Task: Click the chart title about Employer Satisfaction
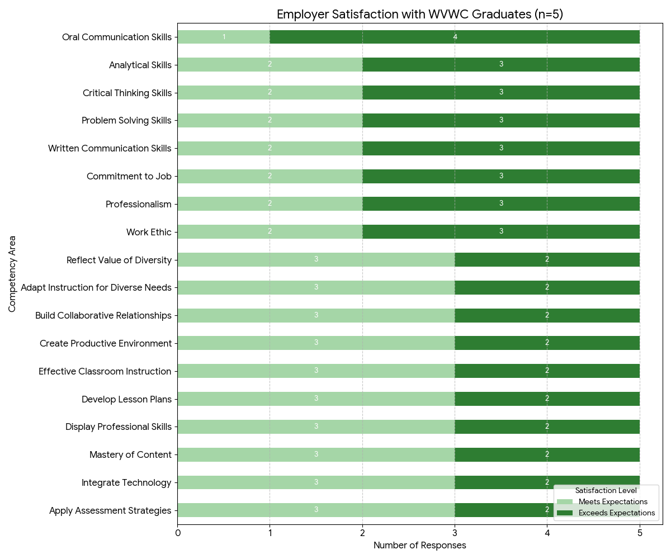[419, 15]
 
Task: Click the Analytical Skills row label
[140, 65]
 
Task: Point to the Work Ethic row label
[149, 232]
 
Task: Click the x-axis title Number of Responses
[419, 545]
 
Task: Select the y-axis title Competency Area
[12, 274]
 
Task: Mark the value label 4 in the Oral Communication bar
[455, 37]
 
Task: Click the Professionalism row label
[138, 204]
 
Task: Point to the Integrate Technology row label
[126, 482]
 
